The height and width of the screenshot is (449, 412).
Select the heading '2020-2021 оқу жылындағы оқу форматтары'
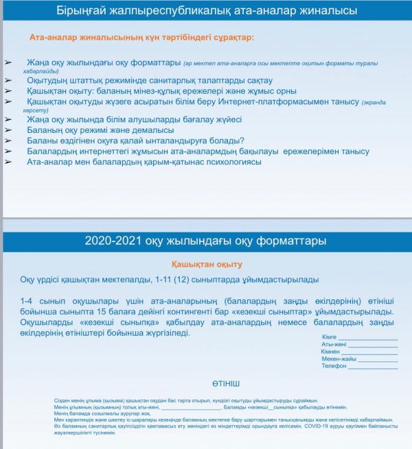click(206, 241)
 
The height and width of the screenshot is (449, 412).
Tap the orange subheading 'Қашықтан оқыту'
click(207, 264)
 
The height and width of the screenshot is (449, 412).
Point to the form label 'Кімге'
click(329, 337)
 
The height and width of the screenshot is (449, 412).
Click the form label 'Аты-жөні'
click(332, 344)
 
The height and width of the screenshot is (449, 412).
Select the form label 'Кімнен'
click(330, 352)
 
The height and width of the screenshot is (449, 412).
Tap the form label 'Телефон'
click(334, 366)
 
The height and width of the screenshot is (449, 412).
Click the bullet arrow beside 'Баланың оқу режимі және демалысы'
click(8, 130)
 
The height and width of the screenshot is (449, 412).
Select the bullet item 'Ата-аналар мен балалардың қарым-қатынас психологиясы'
click(144, 162)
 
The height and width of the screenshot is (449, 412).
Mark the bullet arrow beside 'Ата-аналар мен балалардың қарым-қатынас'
click(8, 162)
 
